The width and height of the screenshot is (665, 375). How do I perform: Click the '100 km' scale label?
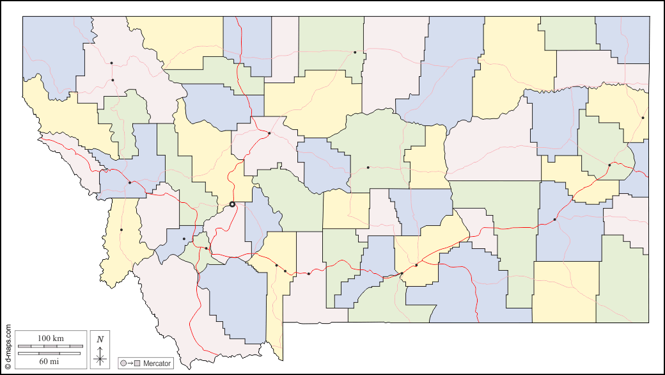[51, 338]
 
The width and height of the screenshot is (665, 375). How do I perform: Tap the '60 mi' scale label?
[51, 362]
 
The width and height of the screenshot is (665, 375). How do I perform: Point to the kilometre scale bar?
[51, 346]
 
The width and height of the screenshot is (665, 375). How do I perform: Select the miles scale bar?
[51, 353]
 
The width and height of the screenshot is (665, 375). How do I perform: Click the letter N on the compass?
[100, 339]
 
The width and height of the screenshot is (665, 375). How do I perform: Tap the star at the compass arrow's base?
[100, 359]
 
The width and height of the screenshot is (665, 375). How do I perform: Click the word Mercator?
[157, 363]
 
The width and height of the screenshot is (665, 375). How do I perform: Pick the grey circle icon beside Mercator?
[123, 363]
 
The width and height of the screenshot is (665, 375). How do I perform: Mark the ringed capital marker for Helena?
[232, 204]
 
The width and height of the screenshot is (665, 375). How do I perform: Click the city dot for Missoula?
[130, 182]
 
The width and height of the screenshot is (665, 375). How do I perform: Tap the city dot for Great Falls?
[269, 133]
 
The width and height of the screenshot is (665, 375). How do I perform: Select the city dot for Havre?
[355, 52]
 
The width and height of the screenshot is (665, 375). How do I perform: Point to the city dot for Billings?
[416, 265]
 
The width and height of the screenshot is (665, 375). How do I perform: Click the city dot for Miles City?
[554, 219]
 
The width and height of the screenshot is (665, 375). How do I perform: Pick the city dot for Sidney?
[643, 118]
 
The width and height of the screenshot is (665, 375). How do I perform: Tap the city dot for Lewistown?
[368, 168]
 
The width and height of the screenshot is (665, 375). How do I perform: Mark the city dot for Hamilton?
[121, 230]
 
